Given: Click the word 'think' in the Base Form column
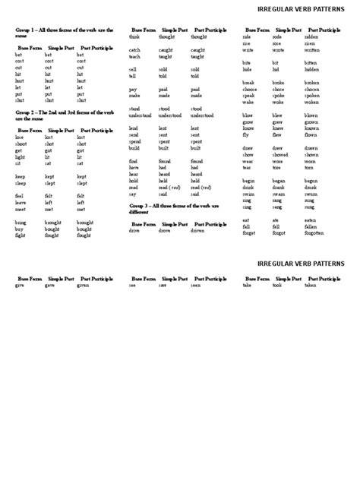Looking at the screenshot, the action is point(134,36).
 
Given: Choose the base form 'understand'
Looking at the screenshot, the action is point(141,115).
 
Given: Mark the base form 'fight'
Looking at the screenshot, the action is point(21,235).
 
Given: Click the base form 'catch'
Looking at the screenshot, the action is point(134,50).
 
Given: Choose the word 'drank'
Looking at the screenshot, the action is point(279,188).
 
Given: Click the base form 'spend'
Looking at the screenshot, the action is point(135,141).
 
